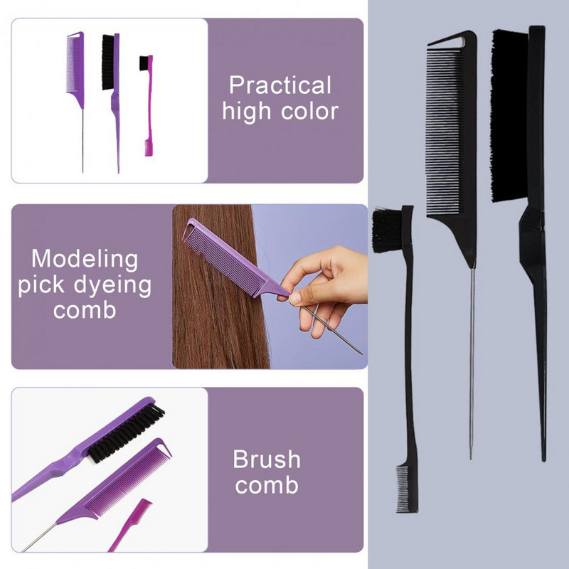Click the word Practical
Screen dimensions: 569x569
280,85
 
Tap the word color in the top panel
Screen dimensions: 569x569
309,111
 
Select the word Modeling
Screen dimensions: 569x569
85,260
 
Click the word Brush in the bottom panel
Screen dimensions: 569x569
267,459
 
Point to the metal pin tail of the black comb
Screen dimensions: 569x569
472,363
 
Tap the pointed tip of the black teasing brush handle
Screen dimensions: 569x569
543,460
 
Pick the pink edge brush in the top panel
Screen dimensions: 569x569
147,105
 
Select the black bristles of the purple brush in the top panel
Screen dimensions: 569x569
108,62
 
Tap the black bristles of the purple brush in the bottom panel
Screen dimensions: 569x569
126,433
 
